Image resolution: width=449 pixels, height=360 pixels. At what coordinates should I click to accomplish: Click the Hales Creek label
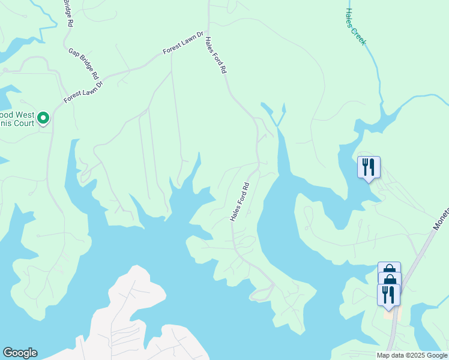coord(356,27)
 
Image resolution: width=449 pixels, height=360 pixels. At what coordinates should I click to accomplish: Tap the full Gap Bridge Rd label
coord(83,65)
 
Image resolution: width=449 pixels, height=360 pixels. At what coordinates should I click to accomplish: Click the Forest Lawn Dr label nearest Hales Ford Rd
coord(184,43)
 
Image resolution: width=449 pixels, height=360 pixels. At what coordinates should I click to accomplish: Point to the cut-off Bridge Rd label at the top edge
coord(68,12)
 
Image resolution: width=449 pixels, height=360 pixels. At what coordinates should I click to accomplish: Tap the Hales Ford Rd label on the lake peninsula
coord(239,200)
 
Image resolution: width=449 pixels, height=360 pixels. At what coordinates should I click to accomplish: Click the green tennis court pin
coord(43,118)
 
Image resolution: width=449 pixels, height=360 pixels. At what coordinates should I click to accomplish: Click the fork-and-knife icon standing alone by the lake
coord(369,166)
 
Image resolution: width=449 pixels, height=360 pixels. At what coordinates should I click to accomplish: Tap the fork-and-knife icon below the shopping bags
coord(388,294)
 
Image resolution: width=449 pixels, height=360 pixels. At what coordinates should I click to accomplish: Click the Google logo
coord(20,353)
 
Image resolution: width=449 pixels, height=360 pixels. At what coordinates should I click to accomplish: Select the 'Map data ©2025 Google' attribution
coord(412,355)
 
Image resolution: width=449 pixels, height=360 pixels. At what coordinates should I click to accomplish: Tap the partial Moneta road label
coord(441,220)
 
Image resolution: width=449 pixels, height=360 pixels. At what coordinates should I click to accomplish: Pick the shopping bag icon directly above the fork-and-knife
coord(390,280)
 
